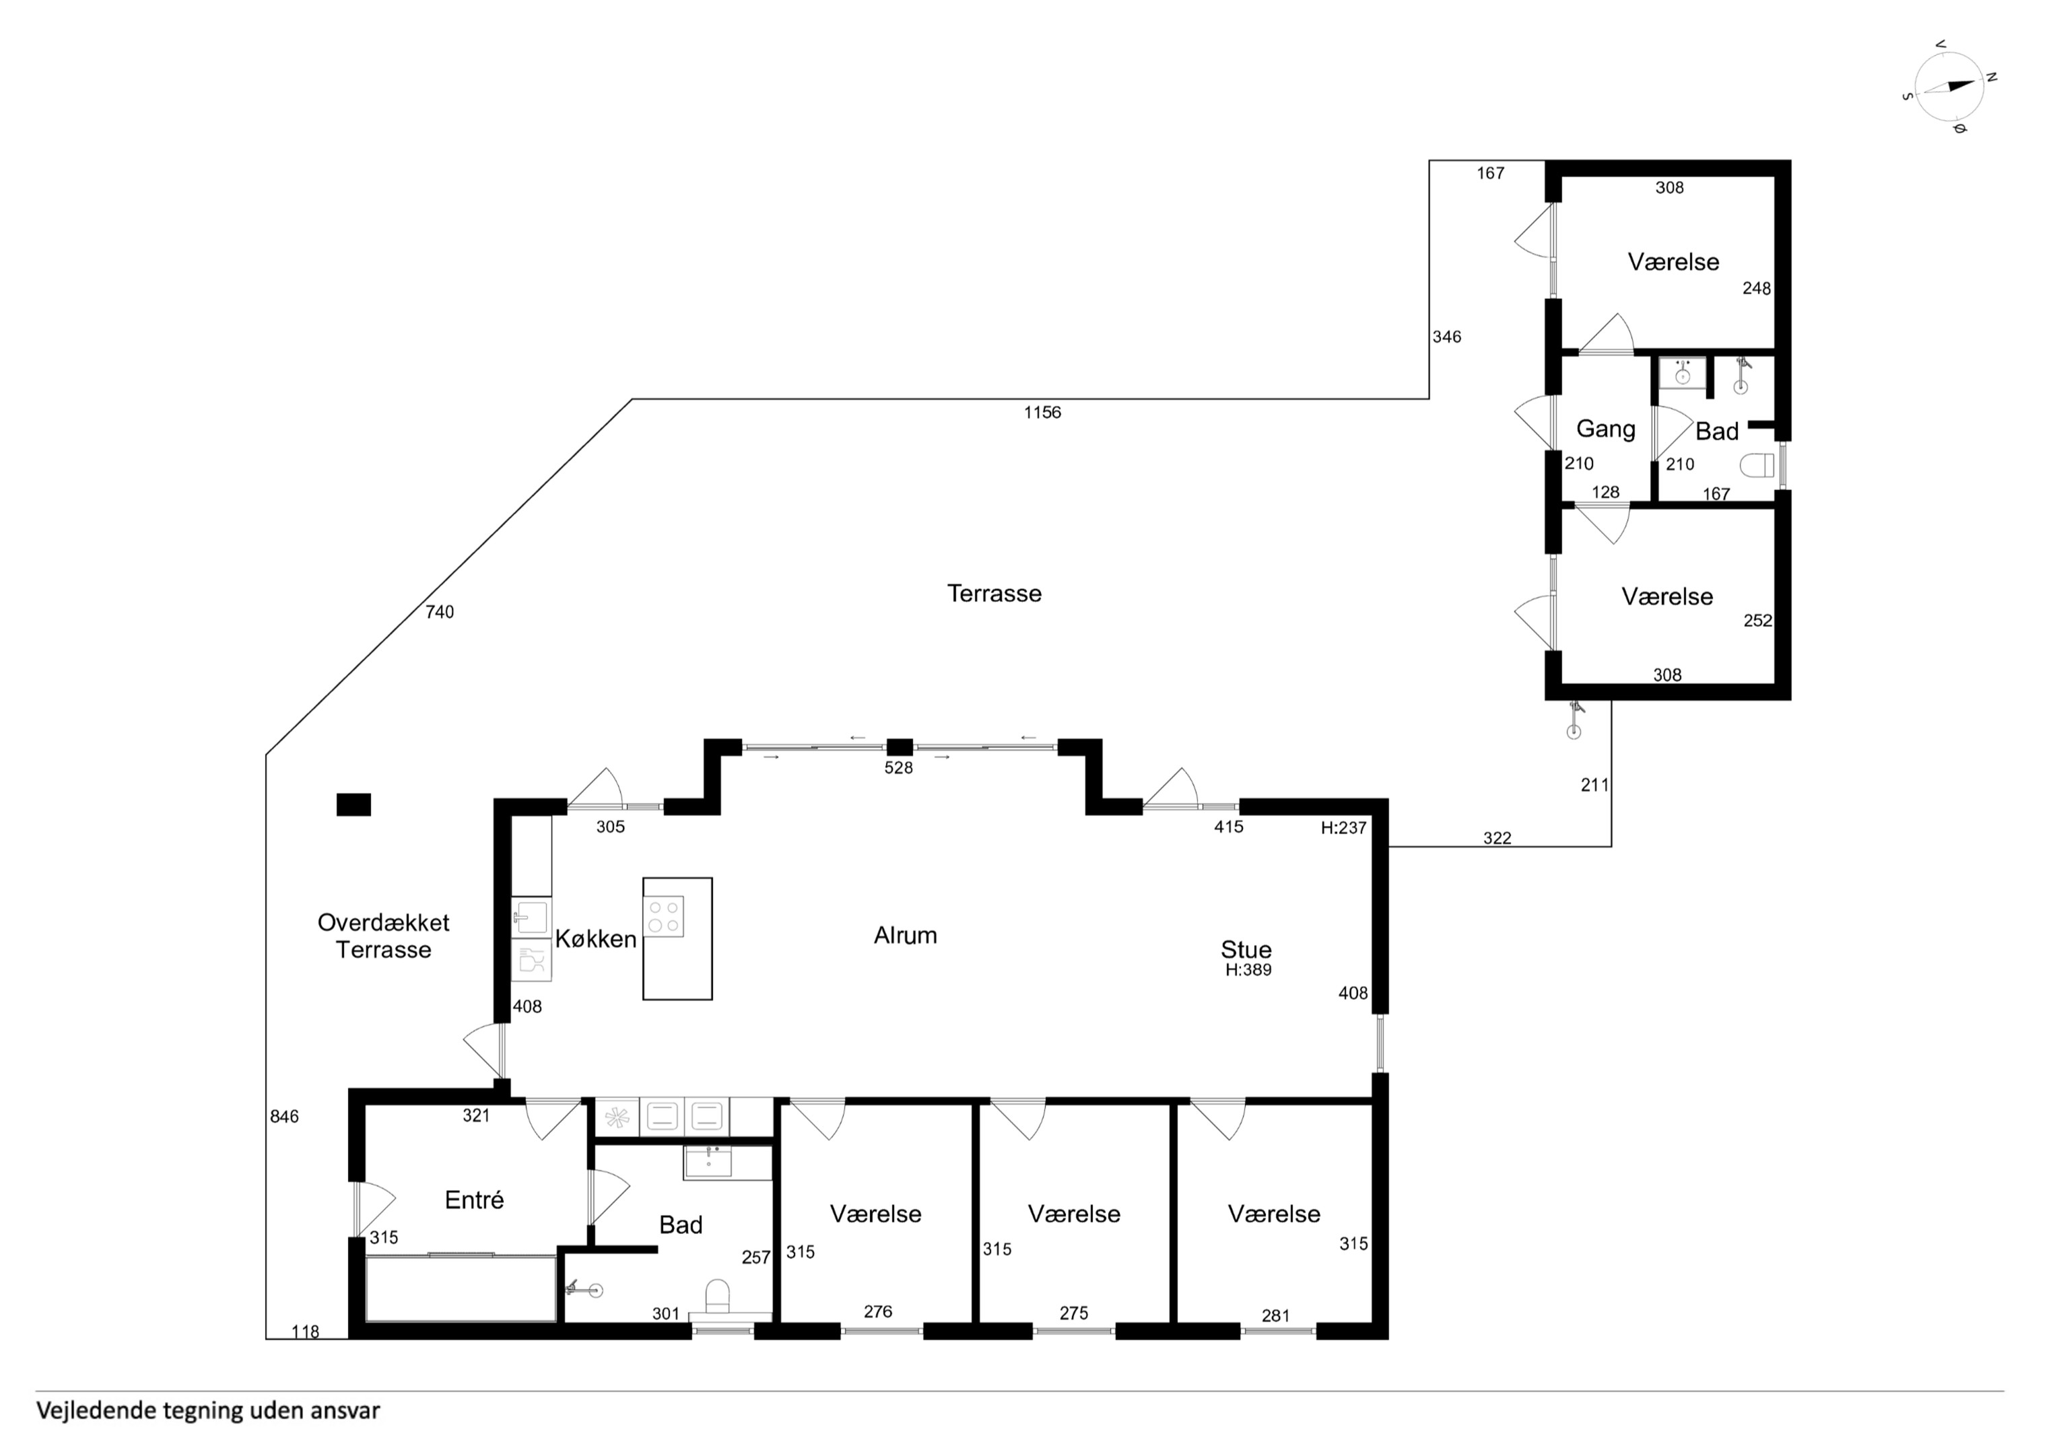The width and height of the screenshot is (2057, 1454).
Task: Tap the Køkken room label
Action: pyautogui.click(x=596, y=939)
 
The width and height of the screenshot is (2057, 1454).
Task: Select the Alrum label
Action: pyautogui.click(x=905, y=935)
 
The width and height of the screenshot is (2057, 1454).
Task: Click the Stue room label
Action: pyautogui.click(x=1246, y=950)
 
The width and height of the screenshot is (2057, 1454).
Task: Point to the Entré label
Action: pyautogui.click(x=474, y=1200)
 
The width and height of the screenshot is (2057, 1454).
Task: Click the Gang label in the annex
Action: pyautogui.click(x=1605, y=429)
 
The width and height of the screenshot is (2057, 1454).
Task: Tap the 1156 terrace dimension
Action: pyautogui.click(x=1043, y=412)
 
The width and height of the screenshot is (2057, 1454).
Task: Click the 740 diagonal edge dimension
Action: pyautogui.click(x=440, y=612)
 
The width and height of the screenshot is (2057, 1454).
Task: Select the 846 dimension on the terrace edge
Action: pyautogui.click(x=285, y=1116)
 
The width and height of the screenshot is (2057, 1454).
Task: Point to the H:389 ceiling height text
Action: pyautogui.click(x=1249, y=969)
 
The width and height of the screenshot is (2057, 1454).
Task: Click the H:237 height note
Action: pyautogui.click(x=1344, y=828)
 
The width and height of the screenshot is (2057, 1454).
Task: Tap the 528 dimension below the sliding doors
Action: pyautogui.click(x=899, y=768)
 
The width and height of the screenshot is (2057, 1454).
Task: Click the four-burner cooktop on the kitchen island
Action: pyautogui.click(x=664, y=916)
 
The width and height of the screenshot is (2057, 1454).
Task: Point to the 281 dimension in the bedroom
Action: pyautogui.click(x=1276, y=1315)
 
